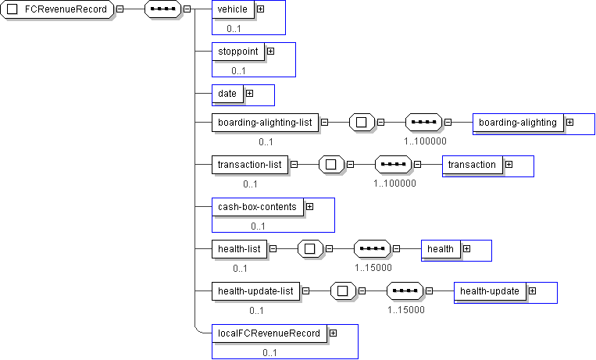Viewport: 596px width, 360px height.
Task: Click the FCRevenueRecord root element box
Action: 58,9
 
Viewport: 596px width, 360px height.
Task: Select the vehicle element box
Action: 233,9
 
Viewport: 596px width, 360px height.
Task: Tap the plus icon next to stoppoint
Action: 270,51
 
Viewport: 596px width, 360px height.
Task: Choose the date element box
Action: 227,94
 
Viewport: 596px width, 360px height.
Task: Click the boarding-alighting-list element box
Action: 265,123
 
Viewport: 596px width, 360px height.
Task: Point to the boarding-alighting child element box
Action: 518,123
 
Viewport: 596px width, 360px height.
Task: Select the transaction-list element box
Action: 249,165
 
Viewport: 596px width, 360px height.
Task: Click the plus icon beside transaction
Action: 509,165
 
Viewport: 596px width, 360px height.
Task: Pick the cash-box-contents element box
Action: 257,207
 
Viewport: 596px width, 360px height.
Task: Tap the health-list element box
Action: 239,249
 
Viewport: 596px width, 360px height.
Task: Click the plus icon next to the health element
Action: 466,249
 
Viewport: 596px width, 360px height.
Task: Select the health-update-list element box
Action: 255,291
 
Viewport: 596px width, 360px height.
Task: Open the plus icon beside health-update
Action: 532,291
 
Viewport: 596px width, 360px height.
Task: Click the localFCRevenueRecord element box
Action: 269,333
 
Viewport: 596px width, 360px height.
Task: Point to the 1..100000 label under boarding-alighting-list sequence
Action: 425,142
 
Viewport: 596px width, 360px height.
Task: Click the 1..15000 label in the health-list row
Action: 373,268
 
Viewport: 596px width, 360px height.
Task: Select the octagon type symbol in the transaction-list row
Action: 331,165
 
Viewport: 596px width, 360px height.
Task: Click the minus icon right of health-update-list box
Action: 305,291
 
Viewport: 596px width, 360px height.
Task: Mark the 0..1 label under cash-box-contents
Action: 259,226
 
